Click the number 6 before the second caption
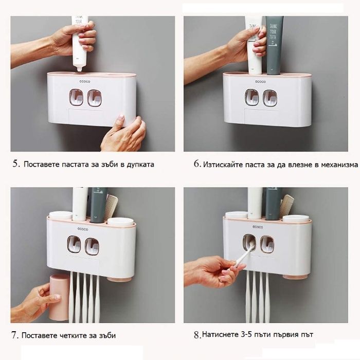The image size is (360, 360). [x=197, y=164]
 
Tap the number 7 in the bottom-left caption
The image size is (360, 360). [x=14, y=335]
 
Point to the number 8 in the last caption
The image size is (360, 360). [x=197, y=335]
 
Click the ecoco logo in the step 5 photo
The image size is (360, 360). [x=85, y=81]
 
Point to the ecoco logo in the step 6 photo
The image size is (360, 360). [x=260, y=81]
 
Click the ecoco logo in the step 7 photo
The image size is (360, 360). [x=83, y=229]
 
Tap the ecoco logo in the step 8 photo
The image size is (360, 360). [x=258, y=227]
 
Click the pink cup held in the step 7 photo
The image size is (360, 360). [x=59, y=297]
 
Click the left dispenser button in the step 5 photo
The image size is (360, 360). [x=76, y=98]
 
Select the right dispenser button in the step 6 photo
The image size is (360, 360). [x=270, y=98]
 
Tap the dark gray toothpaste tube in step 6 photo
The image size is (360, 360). [x=274, y=45]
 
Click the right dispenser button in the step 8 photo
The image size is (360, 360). [x=267, y=244]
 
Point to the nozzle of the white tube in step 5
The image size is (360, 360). [x=79, y=68]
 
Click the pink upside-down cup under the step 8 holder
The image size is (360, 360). [x=295, y=277]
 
